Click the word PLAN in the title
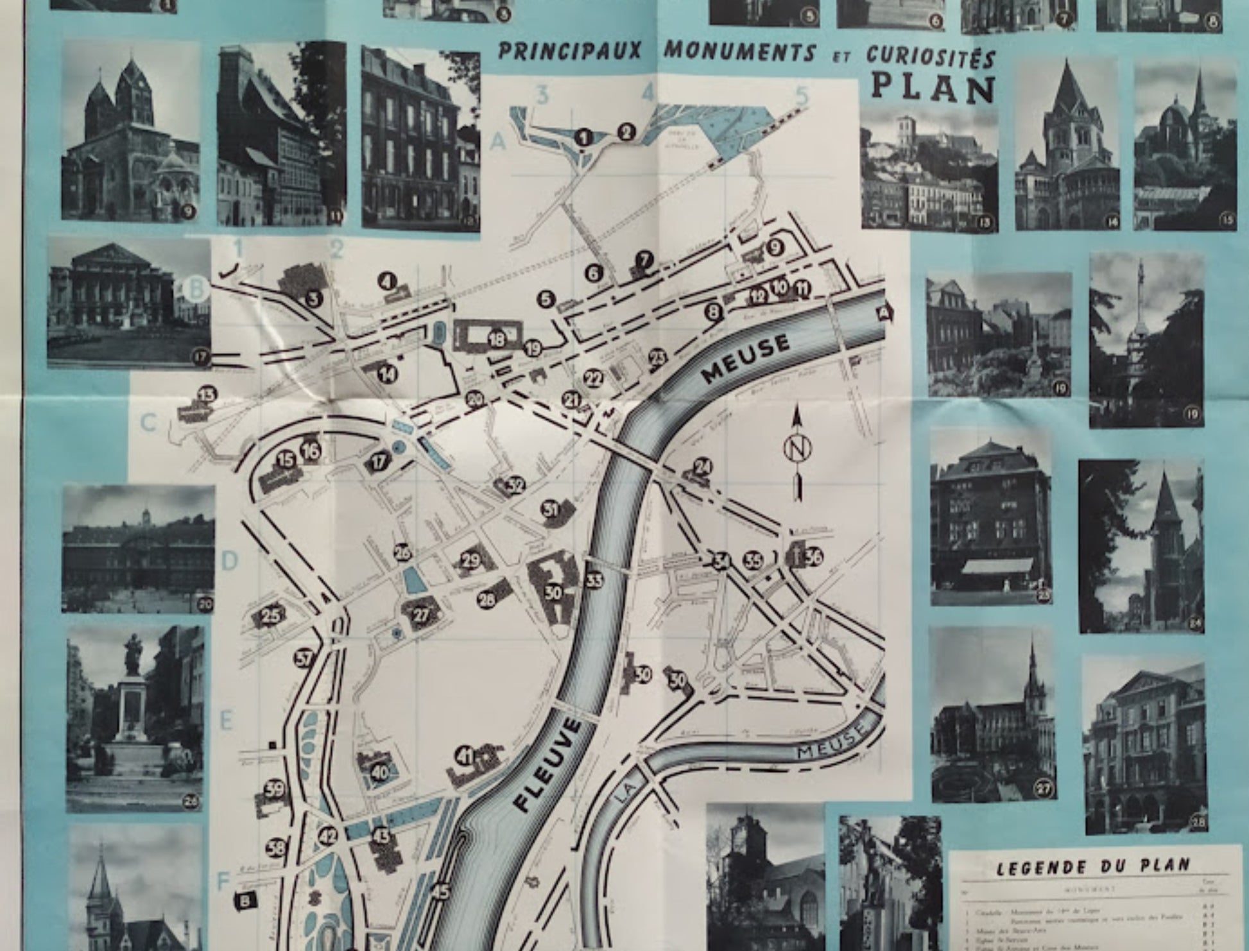pyautogui.click(x=933, y=90)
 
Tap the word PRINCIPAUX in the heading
pyautogui.click(x=569, y=51)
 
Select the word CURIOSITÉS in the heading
pyautogui.click(x=931, y=56)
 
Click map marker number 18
pyautogui.click(x=497, y=339)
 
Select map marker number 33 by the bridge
pyautogui.click(x=594, y=580)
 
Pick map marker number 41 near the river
pyautogui.click(x=465, y=757)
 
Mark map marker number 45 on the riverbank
pyautogui.click(x=441, y=891)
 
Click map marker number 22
pyautogui.click(x=594, y=379)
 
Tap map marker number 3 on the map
pyautogui.click(x=313, y=298)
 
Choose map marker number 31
pyautogui.click(x=550, y=510)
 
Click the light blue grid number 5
pyautogui.click(x=800, y=96)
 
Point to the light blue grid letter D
pyautogui.click(x=229, y=561)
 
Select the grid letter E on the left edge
pyautogui.click(x=225, y=721)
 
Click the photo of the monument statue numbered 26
pyautogui.click(x=134, y=719)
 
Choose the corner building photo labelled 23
pyautogui.click(x=990, y=517)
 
